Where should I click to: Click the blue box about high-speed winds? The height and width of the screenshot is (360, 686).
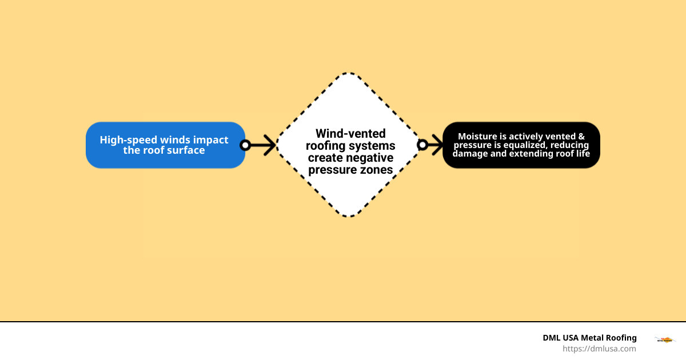pos(165,145)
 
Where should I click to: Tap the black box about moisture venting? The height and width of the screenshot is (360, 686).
pos(521,145)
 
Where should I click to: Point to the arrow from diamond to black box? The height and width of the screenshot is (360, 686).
pos(433,145)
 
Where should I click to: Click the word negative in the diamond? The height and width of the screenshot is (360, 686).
pos(370,158)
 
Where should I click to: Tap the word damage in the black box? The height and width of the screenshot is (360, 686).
pos(470,154)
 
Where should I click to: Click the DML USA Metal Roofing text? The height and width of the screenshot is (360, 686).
pos(589,338)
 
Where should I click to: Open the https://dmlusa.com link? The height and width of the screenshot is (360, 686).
pos(599,349)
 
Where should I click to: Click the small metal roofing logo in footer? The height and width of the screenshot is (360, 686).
pos(663,340)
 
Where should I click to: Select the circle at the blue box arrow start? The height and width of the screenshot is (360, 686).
pos(245,145)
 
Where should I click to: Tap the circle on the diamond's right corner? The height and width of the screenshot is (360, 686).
pos(422,145)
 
